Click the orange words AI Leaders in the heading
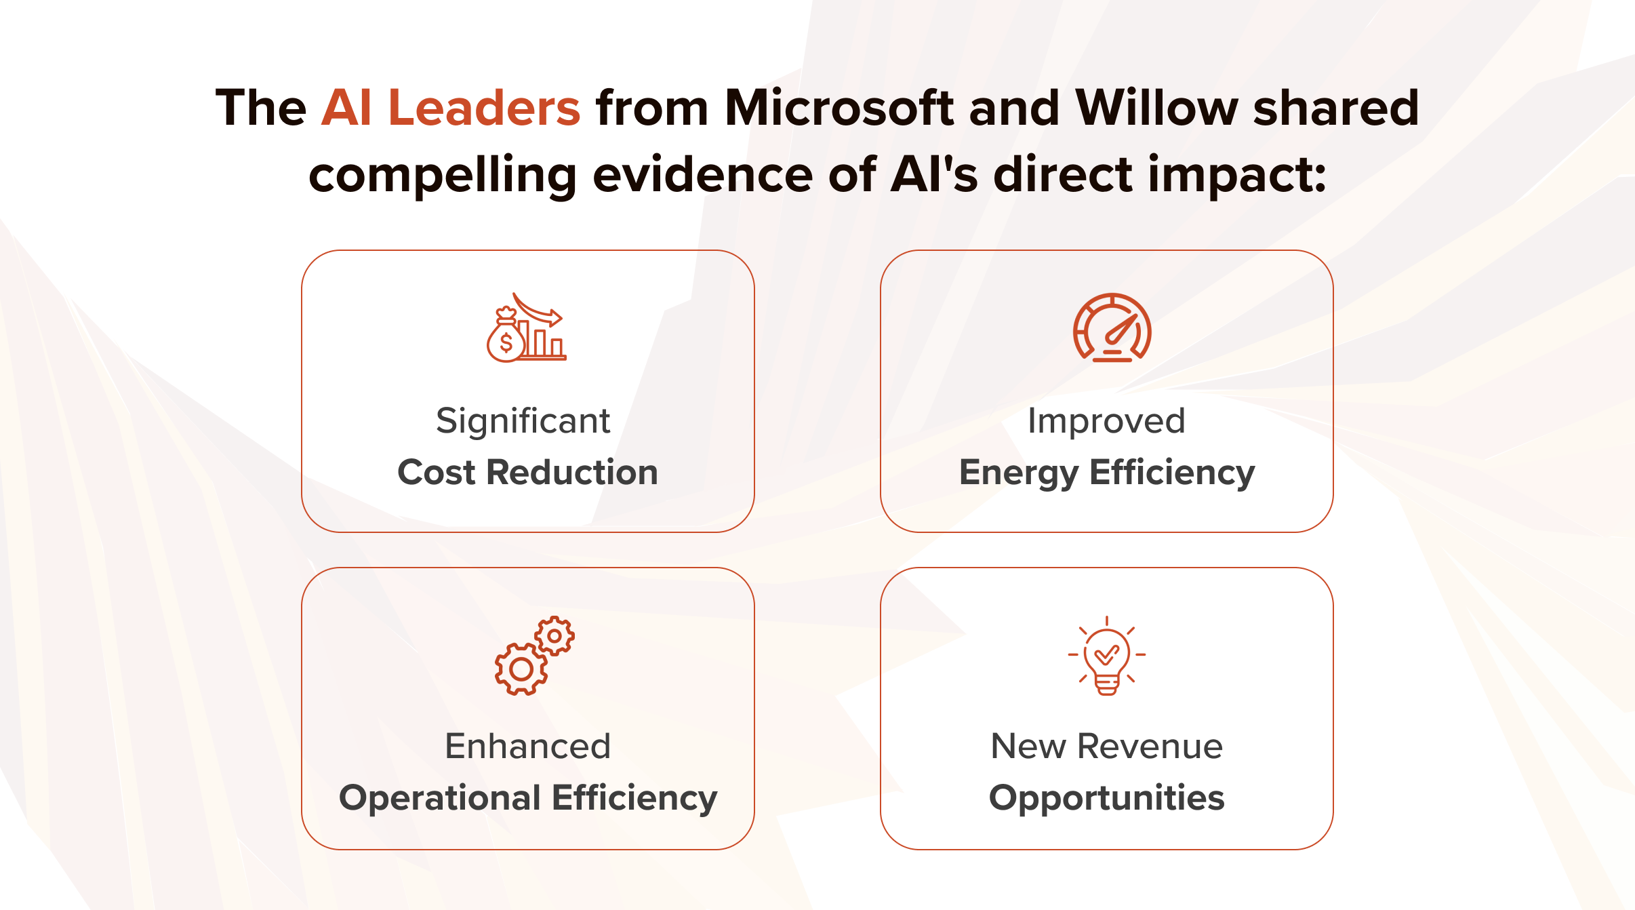tap(451, 108)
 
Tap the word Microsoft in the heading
tap(839, 108)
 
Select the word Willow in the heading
tap(1156, 108)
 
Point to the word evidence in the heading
tap(702, 175)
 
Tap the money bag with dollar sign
tap(505, 339)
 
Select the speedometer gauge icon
tap(1112, 328)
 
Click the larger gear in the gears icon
tap(521, 669)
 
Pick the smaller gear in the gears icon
tap(554, 636)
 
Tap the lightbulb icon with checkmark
tap(1106, 656)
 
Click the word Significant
tap(523, 421)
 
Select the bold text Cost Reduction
tap(527, 473)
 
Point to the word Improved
tap(1106, 421)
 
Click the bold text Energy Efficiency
tap(1106, 473)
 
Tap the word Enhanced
tap(527, 747)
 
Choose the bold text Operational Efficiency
tap(527, 798)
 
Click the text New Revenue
tap(1106, 747)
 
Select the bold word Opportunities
tap(1106, 798)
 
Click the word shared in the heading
tap(1335, 108)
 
